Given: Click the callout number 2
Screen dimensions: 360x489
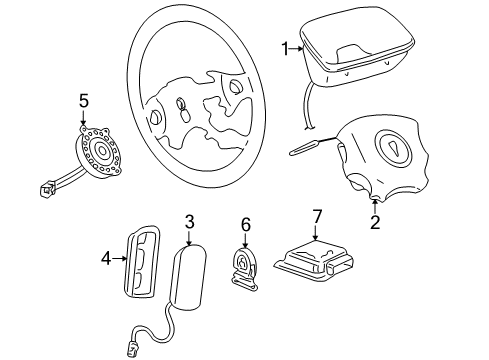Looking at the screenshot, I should (375, 223).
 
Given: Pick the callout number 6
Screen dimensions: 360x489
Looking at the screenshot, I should (246, 227).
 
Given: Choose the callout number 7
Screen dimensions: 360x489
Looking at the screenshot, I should (317, 215).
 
